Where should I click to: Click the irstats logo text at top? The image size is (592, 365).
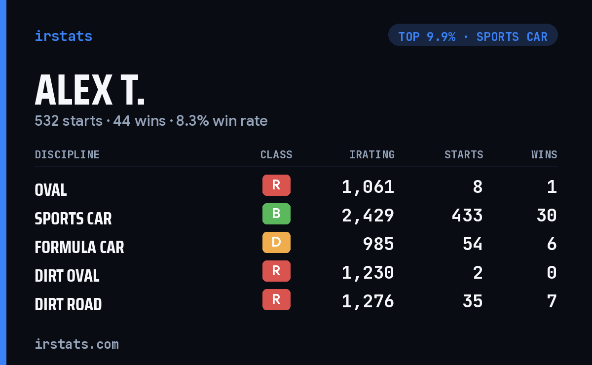pos(64,36)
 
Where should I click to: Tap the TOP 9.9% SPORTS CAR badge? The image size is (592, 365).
pos(473,35)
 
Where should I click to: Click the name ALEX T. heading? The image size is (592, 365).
pos(90,90)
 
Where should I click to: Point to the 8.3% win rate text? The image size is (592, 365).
pos(222,121)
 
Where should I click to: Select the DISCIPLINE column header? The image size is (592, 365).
pos(67,154)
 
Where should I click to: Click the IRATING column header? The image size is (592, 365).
pos(372,154)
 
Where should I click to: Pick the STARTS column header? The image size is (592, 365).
pos(464,154)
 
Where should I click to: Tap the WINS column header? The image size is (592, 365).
pos(545,154)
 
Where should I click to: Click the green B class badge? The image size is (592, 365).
pos(276,214)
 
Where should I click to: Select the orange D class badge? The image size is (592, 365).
pos(276,242)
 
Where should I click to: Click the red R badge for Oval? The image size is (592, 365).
pos(276,185)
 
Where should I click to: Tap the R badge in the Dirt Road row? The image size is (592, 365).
pos(276,299)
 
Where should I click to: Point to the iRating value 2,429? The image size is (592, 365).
pos(368,216)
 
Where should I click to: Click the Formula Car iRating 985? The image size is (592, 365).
pos(378,244)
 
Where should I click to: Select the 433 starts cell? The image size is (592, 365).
pos(467,216)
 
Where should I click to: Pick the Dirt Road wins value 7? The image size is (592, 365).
pos(552,301)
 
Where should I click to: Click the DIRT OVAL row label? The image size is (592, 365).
pos(67,276)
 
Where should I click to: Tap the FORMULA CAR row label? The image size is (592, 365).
pos(79,247)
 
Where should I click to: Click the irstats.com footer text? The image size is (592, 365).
pos(77,344)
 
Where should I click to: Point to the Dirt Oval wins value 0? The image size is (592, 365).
pos(552,272)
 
